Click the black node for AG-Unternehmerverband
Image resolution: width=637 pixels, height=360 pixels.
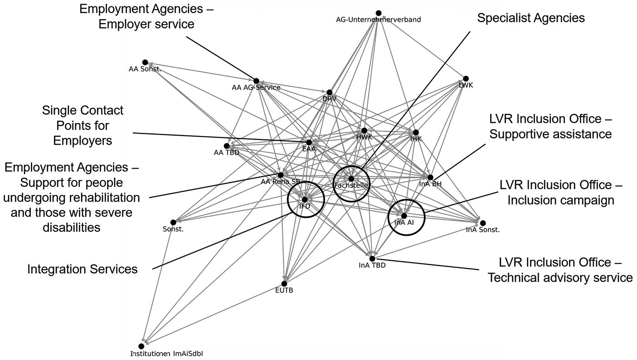pyautogui.click(x=379, y=13)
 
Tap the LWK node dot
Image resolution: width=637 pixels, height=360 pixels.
pyautogui.click(x=466, y=79)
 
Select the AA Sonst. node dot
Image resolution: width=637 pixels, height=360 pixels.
pyautogui.click(x=145, y=63)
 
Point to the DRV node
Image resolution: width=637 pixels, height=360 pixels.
pyautogui.click(x=330, y=92)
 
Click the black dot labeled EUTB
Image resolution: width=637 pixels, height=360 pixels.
pyautogui.click(x=284, y=284)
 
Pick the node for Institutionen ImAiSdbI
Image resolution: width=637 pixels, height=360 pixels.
pyautogui.click(x=141, y=346)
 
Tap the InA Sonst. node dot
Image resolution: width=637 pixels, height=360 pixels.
pyautogui.click(x=483, y=223)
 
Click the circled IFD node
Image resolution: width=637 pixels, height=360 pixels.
pyautogui.click(x=305, y=199)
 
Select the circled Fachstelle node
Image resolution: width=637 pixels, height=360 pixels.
pyautogui.click(x=351, y=179)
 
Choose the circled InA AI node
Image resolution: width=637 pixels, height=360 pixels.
pyautogui.click(x=404, y=216)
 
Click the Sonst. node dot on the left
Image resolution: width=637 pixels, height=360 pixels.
pyautogui.click(x=173, y=222)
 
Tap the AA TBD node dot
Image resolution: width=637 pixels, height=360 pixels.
pyautogui.click(x=227, y=146)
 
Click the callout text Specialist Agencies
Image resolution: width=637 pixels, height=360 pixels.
pyautogui.click(x=531, y=18)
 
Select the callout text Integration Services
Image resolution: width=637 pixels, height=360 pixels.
pyautogui.click(x=82, y=269)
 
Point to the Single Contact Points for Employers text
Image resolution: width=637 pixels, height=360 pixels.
pyautogui.click(x=83, y=125)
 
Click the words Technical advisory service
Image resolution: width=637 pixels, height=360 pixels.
pyautogui.click(x=560, y=277)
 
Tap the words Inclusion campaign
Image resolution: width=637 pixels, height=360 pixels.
pyautogui.click(x=561, y=200)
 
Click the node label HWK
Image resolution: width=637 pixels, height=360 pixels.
pyautogui.click(x=364, y=137)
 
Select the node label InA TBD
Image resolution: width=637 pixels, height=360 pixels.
pyautogui.click(x=372, y=266)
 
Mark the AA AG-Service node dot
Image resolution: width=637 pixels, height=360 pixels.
pyautogui.click(x=256, y=81)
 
